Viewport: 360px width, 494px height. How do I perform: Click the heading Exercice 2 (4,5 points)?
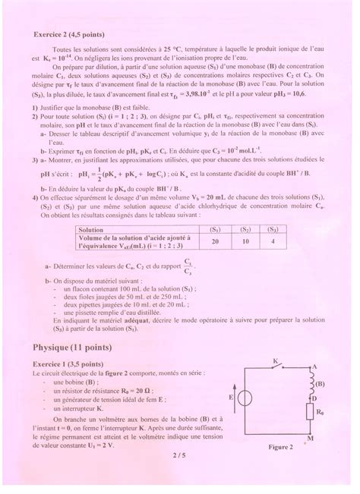tap(69, 34)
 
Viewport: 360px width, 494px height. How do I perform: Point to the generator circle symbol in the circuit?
tap(245, 397)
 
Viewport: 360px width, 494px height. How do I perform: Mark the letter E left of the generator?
tap(229, 397)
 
